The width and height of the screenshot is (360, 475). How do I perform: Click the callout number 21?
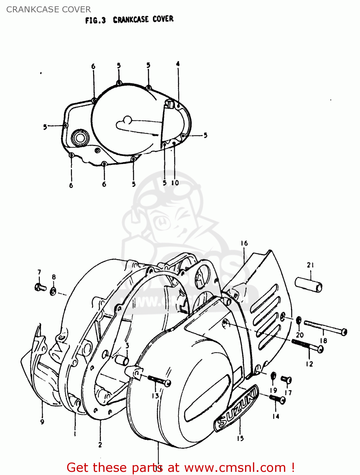(310, 265)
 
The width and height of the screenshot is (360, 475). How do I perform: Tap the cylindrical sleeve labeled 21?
(309, 284)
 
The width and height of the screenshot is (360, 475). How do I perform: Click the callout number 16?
(244, 243)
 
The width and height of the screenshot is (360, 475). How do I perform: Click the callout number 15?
(240, 438)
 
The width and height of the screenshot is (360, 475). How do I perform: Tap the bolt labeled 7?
(40, 287)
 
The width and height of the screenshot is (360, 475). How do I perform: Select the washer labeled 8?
(53, 291)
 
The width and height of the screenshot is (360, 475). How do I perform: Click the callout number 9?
(42, 421)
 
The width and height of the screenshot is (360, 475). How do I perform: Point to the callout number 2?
(100, 445)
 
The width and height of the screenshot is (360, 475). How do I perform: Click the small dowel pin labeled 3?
(122, 360)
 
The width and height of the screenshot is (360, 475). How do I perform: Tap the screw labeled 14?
(277, 399)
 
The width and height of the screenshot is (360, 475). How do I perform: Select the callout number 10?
(175, 183)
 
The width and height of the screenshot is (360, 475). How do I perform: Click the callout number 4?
(178, 64)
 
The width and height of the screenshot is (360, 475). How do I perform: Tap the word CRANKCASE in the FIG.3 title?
(131, 20)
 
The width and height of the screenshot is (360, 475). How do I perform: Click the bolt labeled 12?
(307, 345)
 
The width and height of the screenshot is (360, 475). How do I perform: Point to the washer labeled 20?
(299, 320)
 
